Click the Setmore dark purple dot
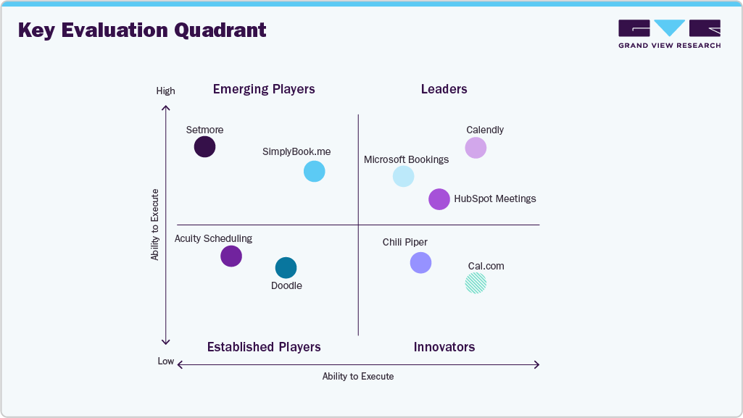point(205,147)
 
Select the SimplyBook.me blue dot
point(314,172)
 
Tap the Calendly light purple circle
point(476,148)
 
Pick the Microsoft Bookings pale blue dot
point(403,176)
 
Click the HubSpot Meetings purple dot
point(439,199)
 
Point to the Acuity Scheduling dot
point(231,256)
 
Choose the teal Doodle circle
point(286,268)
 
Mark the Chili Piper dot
point(420,262)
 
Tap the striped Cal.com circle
point(476,283)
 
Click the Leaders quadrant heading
point(444,89)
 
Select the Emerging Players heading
point(264,89)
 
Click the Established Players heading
point(264,347)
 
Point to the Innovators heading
point(444,347)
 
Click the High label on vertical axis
point(165,91)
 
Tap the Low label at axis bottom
point(166,361)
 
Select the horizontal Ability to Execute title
point(358,377)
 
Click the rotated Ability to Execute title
point(155,225)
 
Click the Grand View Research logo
point(669,34)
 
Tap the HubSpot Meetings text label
point(495,198)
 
